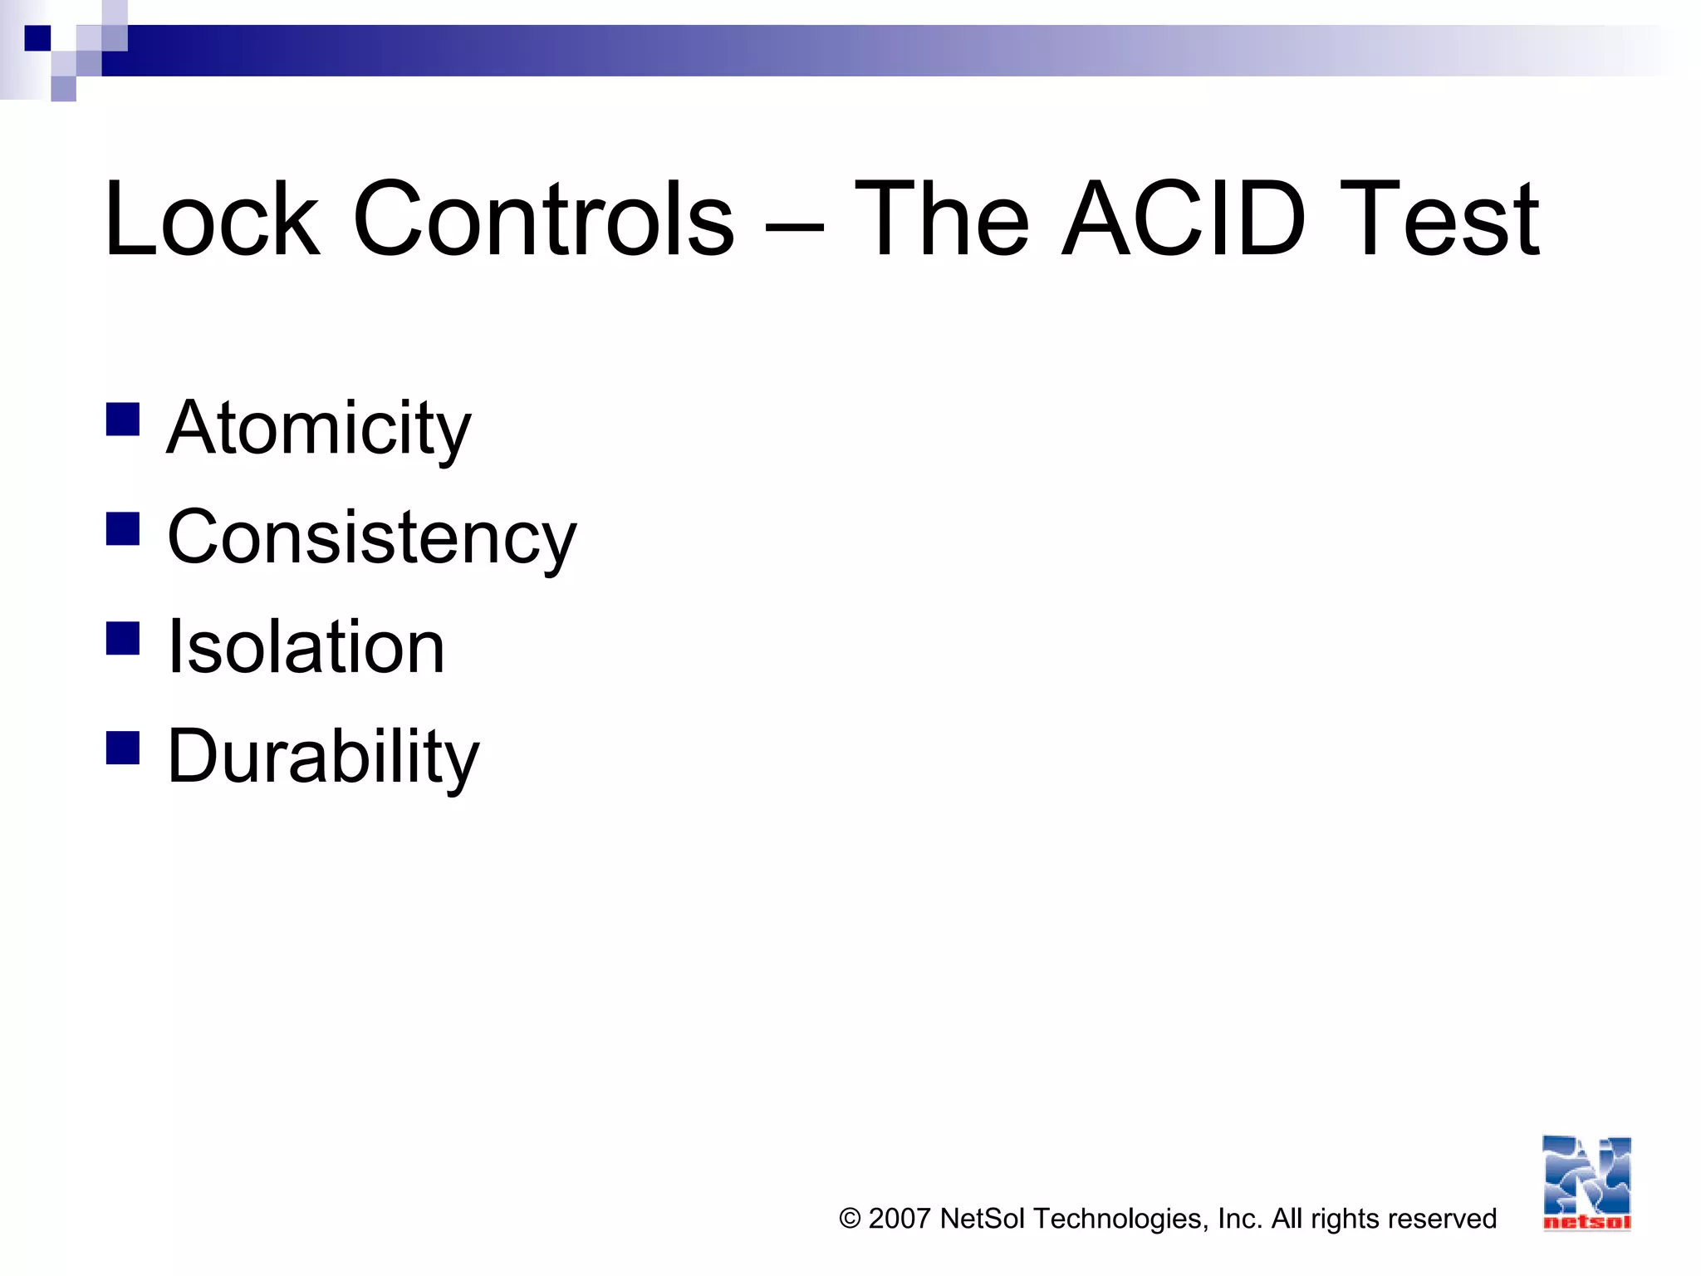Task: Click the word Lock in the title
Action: [x=212, y=219]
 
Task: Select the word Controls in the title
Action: [x=544, y=219]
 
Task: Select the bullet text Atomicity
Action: [x=319, y=429]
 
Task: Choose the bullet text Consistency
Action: [x=371, y=538]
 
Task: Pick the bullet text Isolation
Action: [x=306, y=647]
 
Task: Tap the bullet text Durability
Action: [x=323, y=757]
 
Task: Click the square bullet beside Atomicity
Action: [x=123, y=420]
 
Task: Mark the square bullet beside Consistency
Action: [x=123, y=528]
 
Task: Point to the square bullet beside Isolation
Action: [x=123, y=638]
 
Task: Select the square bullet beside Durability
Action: [x=123, y=747]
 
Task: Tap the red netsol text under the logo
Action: [x=1586, y=1222]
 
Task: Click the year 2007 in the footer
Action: [x=899, y=1219]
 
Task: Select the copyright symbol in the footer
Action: [x=850, y=1219]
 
